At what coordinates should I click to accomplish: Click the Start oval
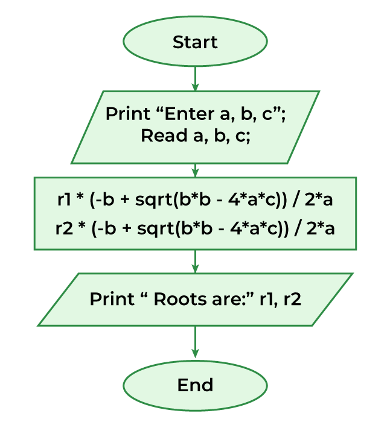point(195,42)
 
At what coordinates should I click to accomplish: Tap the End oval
point(195,385)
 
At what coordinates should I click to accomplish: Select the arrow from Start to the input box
point(195,78)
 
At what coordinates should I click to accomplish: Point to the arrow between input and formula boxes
point(195,170)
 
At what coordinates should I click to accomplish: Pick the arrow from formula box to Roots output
point(195,261)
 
